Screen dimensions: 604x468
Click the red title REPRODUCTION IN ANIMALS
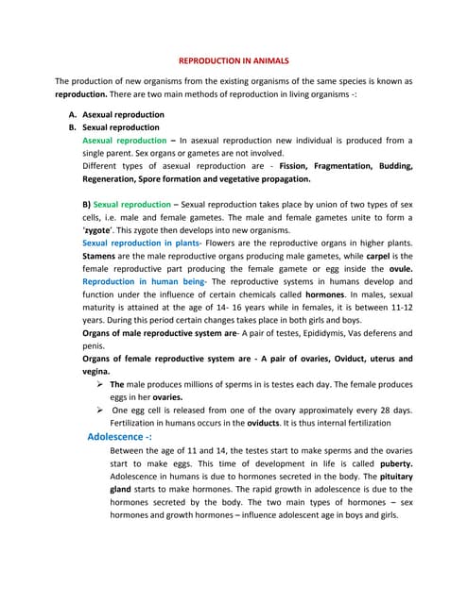point(234,59)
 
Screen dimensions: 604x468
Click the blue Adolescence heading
point(119,437)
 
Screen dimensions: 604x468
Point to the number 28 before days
point(375,410)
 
